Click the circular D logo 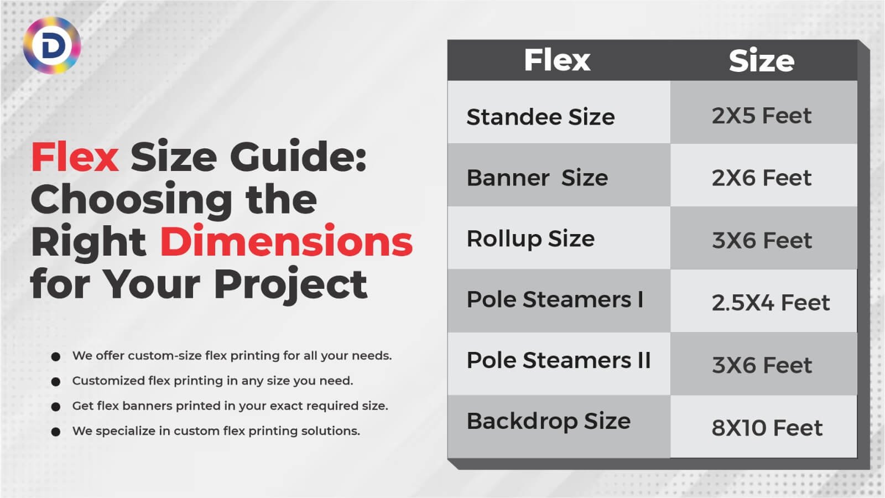[52, 45]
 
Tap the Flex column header [557, 60]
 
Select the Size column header [761, 60]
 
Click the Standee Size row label [540, 117]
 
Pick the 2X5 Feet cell [761, 116]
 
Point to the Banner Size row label [537, 178]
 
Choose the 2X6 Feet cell [761, 178]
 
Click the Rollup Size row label [530, 239]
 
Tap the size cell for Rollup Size [762, 240]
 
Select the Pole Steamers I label [555, 299]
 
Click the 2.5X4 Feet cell [770, 303]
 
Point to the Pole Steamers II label [558, 360]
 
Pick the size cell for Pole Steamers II [762, 365]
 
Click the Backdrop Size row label [548, 421]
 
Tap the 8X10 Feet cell [767, 428]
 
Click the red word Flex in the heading [75, 157]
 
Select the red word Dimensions [286, 242]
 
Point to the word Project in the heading [290, 284]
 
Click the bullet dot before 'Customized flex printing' [55, 381]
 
